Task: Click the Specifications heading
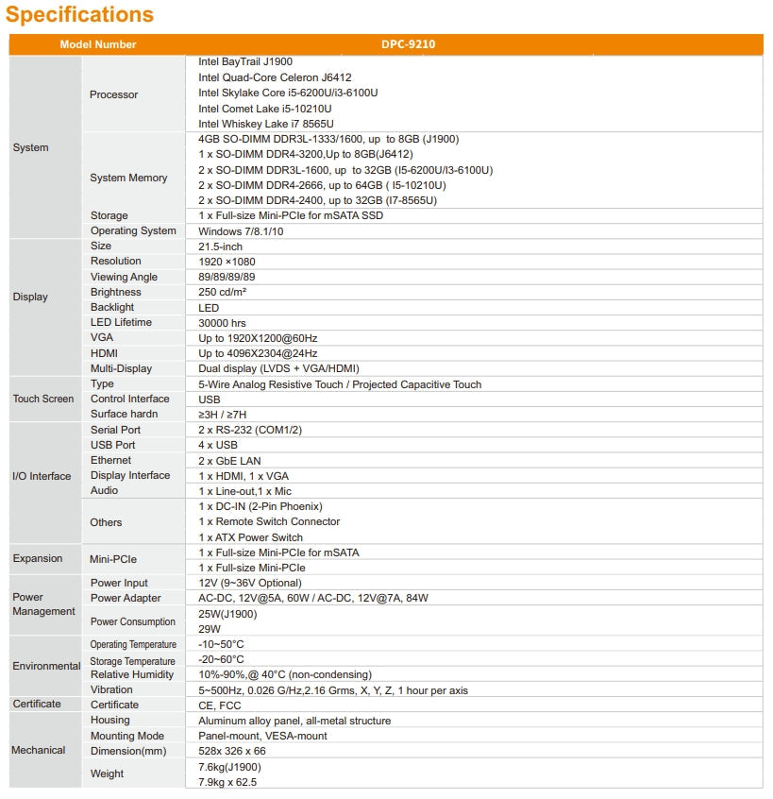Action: click(80, 15)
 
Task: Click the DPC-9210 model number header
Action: click(408, 44)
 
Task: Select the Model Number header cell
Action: click(98, 44)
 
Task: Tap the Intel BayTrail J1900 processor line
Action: click(245, 61)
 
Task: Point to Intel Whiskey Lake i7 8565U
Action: click(265, 124)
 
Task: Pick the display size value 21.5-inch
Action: click(220, 246)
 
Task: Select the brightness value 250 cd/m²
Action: click(222, 293)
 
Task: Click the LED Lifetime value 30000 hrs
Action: click(223, 323)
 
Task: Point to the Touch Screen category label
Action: click(43, 399)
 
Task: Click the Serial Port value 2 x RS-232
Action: click(251, 430)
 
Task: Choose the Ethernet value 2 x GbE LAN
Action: click(229, 461)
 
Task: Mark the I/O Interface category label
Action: click(42, 476)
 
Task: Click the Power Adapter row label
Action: click(126, 598)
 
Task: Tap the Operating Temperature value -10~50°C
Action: click(221, 644)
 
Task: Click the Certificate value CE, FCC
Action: click(219, 705)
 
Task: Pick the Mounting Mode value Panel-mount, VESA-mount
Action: click(262, 736)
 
